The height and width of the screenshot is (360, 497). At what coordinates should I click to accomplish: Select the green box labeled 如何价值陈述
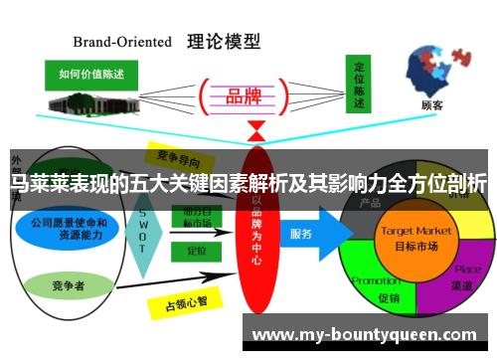93,74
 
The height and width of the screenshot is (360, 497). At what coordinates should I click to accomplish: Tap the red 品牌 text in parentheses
244,95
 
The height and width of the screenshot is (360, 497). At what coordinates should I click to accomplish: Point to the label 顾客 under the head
431,104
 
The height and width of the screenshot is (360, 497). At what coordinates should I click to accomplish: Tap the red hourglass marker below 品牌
256,130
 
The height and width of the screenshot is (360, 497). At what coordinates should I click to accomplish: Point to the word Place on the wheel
467,269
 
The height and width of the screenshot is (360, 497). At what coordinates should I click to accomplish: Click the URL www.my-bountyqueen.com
365,334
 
